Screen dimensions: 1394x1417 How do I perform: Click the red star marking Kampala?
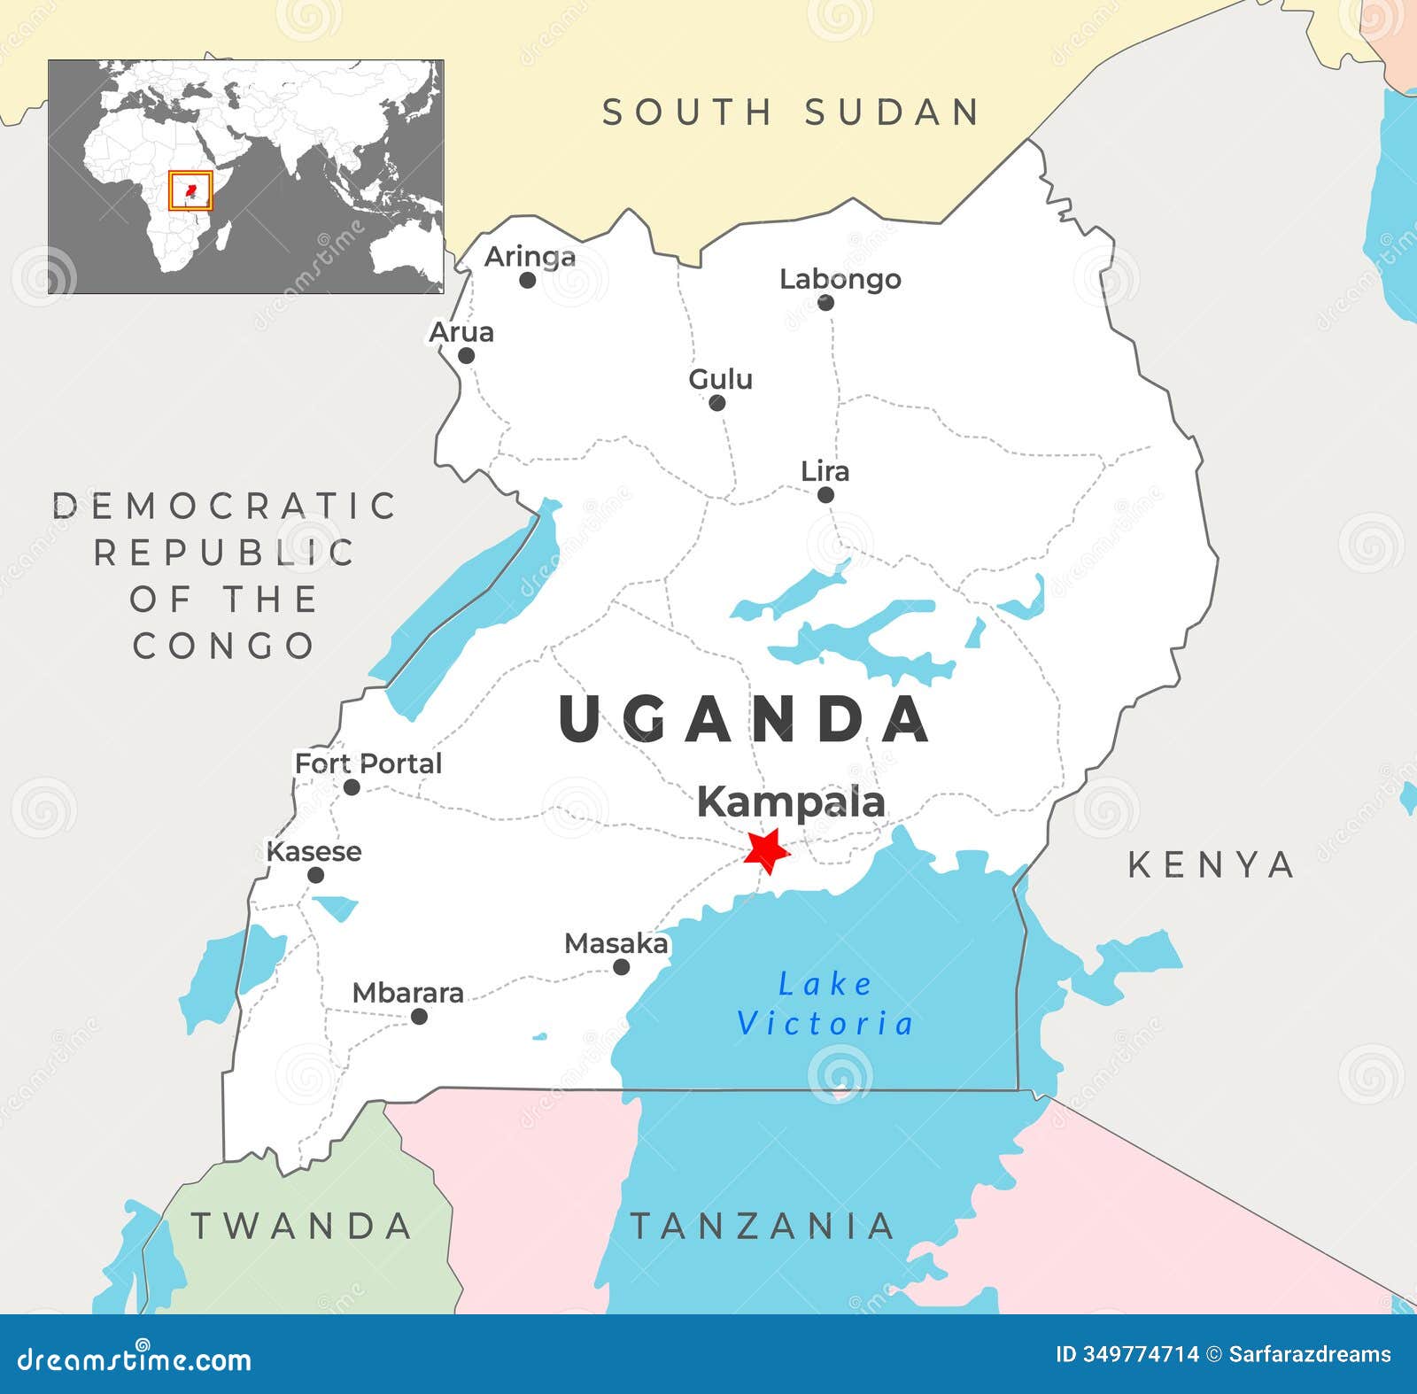(766, 850)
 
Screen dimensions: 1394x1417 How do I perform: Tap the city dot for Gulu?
(717, 403)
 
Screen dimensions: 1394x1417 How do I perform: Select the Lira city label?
(825, 471)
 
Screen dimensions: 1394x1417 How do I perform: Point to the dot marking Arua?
(466, 356)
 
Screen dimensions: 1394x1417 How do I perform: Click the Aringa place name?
(530, 257)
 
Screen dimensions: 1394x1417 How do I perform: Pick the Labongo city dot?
(825, 303)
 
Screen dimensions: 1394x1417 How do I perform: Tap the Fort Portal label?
(368, 763)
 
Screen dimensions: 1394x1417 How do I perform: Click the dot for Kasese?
(315, 875)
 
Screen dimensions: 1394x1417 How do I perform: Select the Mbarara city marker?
(419, 1017)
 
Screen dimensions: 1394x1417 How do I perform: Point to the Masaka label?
(616, 943)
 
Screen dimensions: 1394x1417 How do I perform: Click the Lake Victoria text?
(825, 1003)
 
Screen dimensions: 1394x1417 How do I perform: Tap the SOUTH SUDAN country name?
(791, 112)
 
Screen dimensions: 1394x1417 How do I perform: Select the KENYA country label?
(1211, 864)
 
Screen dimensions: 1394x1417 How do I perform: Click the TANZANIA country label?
(762, 1226)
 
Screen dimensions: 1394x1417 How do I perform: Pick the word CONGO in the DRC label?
(223, 646)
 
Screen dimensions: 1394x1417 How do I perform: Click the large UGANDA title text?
(744, 719)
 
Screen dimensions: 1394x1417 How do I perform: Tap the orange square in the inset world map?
(190, 190)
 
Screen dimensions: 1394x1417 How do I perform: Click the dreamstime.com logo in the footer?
(135, 1359)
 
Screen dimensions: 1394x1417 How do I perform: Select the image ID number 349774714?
(1141, 1354)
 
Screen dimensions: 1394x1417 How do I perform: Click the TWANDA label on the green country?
(301, 1226)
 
